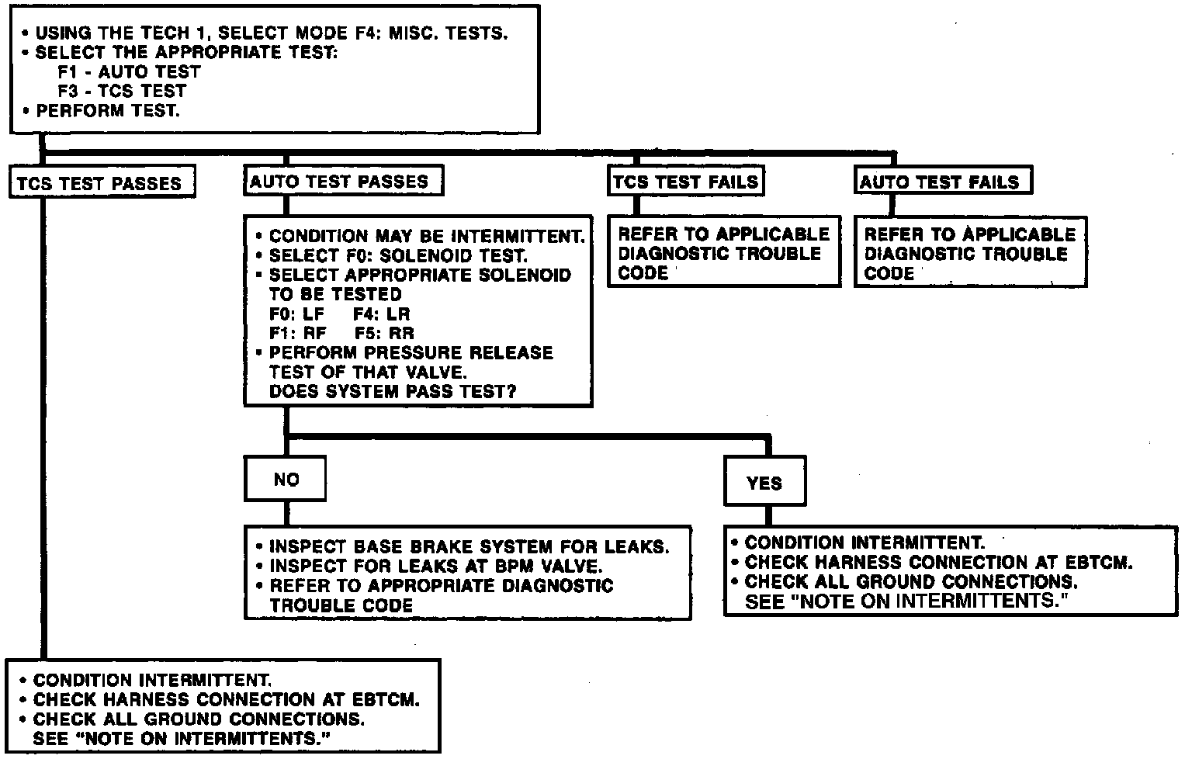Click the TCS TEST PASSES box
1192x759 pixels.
[101, 184]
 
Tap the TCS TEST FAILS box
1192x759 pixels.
[685, 182]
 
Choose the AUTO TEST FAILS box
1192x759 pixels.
[941, 182]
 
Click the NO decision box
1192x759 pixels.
[286, 480]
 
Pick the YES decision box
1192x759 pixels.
[764, 483]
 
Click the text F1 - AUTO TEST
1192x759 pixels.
[129, 72]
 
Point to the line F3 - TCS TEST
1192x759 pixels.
[122, 91]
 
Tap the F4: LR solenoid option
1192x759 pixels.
[381, 314]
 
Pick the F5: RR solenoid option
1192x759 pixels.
[384, 334]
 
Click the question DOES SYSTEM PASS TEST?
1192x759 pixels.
[393, 392]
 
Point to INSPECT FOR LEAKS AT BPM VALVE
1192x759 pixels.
[435, 567]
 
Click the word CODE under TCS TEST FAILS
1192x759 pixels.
[643, 273]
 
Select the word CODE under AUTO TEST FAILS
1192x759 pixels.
[889, 273]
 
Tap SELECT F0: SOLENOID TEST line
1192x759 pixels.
[398, 255]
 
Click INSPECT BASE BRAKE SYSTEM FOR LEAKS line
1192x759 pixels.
[468, 546]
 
